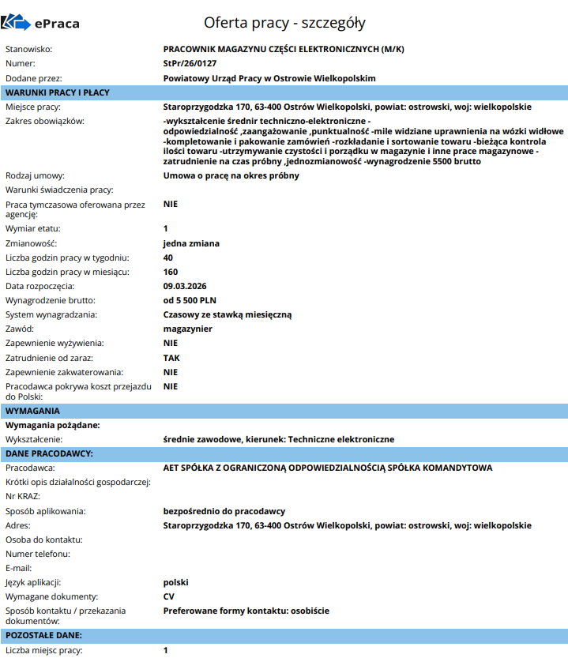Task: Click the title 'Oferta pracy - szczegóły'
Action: [284, 22]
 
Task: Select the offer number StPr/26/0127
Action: [190, 63]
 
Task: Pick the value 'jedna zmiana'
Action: [191, 243]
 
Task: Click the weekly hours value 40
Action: [168, 258]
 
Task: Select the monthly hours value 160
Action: [171, 272]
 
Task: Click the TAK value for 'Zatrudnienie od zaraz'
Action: [171, 358]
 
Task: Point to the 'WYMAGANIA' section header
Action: [32, 411]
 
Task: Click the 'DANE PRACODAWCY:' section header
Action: [50, 453]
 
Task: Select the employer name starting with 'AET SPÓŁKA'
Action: [327, 468]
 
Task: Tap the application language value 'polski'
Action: [176, 582]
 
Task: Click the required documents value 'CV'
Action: [169, 596]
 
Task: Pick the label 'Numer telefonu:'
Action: [38, 554]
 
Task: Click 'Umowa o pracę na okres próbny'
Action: [231, 175]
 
